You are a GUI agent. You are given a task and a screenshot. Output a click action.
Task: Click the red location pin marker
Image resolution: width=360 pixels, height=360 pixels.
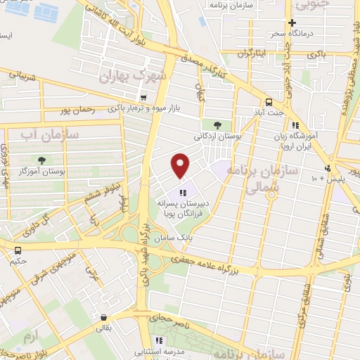pos(181,165)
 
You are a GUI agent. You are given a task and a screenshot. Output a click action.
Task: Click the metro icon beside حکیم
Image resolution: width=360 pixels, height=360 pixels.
pos(17,250)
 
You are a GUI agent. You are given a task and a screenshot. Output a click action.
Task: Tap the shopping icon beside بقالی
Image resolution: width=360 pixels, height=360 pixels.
pos(104,318)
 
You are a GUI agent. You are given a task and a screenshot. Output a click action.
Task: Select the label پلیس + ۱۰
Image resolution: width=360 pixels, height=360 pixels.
pos(323,179)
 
